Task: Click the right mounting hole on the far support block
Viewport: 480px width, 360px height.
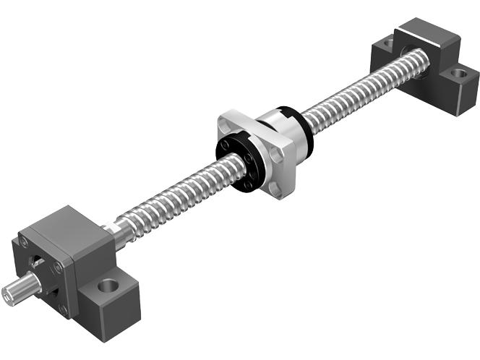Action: pyautogui.click(x=458, y=72)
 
